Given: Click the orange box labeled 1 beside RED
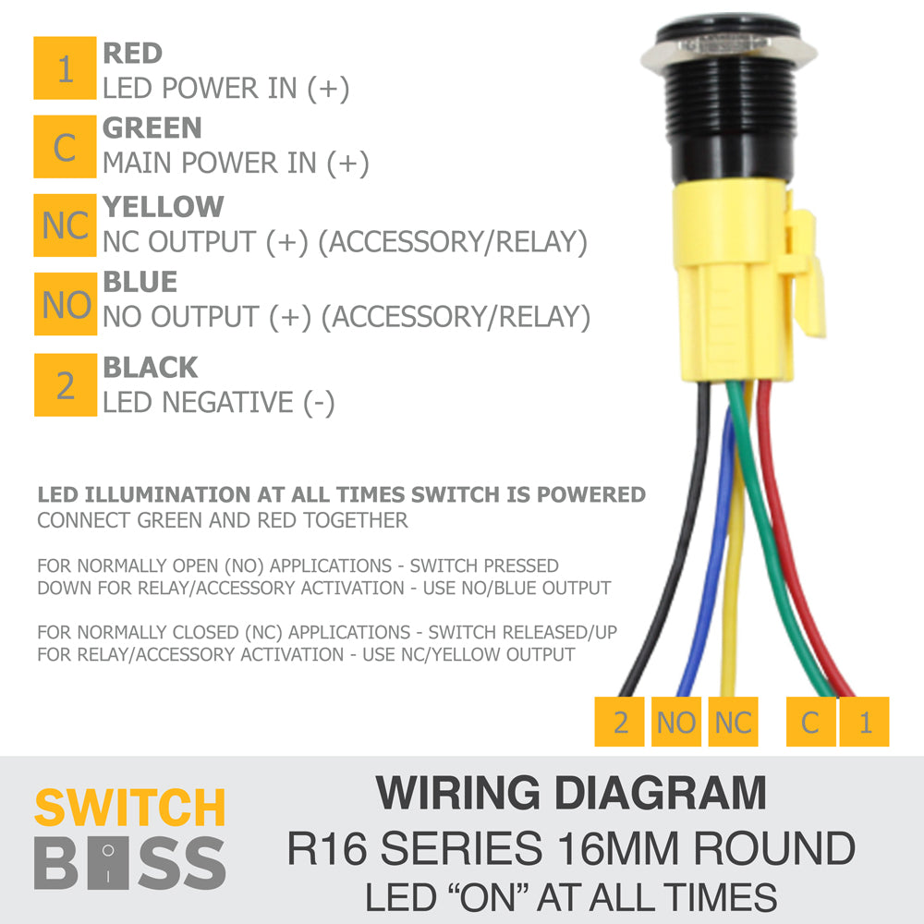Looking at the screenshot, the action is [x=65, y=67].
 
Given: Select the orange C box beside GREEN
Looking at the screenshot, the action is [x=65, y=147].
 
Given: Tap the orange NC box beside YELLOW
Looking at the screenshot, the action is [x=65, y=225].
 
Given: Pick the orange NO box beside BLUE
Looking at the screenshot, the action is [x=66, y=304].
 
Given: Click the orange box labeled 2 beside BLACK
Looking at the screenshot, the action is [x=66, y=384].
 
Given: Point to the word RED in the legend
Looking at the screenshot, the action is [x=132, y=53].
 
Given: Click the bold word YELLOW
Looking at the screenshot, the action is [x=164, y=207].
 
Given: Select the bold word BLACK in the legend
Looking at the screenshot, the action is [x=151, y=368].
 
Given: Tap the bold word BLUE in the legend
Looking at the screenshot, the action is [x=140, y=282].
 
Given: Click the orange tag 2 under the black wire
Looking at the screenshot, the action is [x=619, y=722].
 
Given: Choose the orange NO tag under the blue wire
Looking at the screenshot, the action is [x=676, y=722].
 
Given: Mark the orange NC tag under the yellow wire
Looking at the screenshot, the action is [x=733, y=722].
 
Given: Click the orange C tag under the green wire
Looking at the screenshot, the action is [x=811, y=722].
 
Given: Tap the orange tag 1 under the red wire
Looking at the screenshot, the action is [x=865, y=722].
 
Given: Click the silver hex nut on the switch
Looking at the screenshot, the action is [x=729, y=51].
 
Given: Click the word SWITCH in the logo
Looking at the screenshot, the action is [x=129, y=808].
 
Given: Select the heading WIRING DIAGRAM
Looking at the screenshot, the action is [x=571, y=793].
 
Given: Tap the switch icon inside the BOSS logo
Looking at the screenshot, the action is [x=108, y=863].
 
